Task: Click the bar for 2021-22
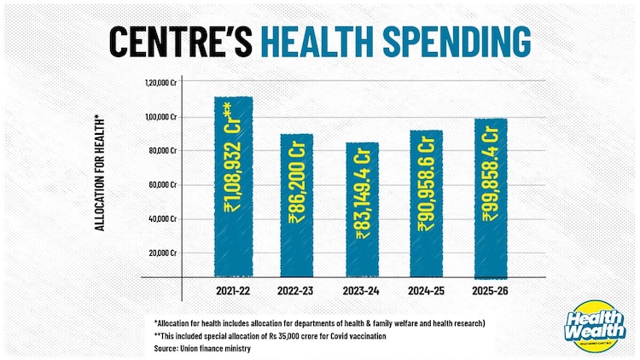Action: [233, 186]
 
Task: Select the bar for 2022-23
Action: [296, 205]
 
